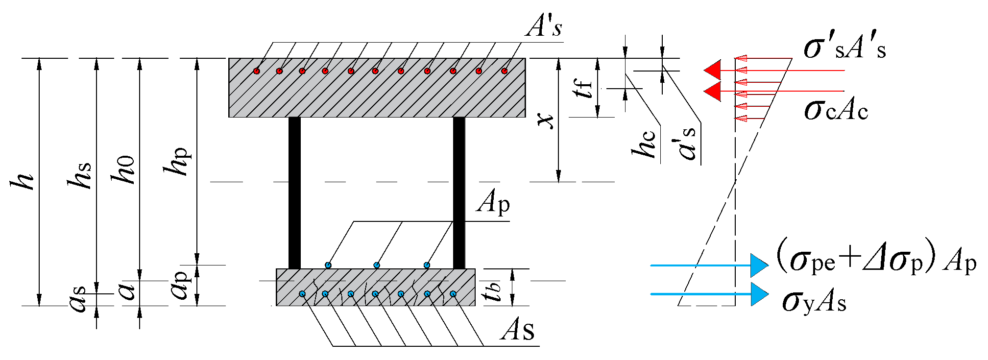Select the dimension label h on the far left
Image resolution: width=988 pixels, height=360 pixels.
tap(23, 182)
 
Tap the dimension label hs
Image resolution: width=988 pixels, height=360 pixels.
tap(80, 175)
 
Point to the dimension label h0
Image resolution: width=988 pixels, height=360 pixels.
tap(123, 170)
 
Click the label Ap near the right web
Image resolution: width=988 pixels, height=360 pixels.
tap(493, 201)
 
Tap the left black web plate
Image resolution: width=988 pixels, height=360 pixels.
tap(294, 192)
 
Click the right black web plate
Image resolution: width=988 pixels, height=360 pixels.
tap(459, 192)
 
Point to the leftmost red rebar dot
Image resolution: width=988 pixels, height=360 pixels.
tap(257, 71)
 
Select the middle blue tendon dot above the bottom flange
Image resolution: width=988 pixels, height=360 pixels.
tap(377, 265)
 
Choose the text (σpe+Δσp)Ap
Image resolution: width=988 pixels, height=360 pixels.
tap(876, 262)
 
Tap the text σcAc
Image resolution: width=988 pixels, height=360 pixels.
tap(836, 110)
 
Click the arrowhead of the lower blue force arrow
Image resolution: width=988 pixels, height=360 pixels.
tap(759, 294)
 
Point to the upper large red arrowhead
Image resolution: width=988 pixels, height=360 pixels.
tap(713, 71)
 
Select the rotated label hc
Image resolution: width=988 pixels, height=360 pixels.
tap(644, 145)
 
